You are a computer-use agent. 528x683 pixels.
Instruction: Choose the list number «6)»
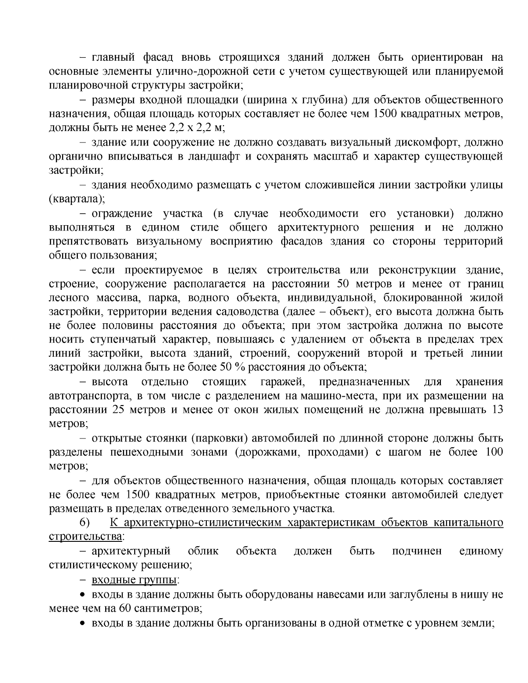84,523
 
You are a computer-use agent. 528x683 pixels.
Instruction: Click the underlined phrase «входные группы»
134,580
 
